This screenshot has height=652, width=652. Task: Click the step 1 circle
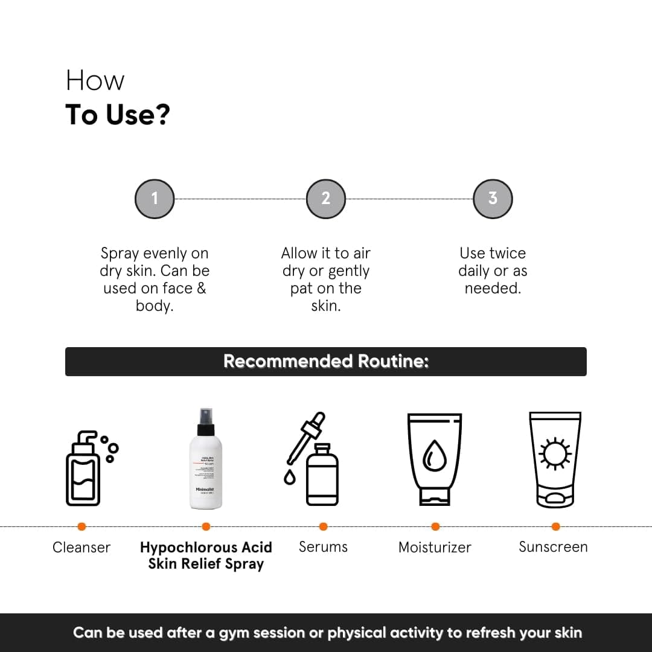pos(155,198)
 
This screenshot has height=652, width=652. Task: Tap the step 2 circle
pos(325,198)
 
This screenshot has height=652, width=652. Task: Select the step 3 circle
pos(493,198)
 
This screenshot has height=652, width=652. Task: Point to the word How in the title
pos(95,81)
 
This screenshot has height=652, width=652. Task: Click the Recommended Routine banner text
pos(326,361)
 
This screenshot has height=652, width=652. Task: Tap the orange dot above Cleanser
pos(81,526)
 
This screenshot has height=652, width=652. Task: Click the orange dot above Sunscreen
pos(555,526)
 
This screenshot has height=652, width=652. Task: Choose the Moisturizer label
pos(435,548)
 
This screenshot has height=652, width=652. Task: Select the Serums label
pos(323,547)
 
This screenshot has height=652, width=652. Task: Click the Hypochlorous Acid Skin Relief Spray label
pos(206,555)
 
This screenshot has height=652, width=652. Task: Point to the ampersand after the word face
pos(201,289)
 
